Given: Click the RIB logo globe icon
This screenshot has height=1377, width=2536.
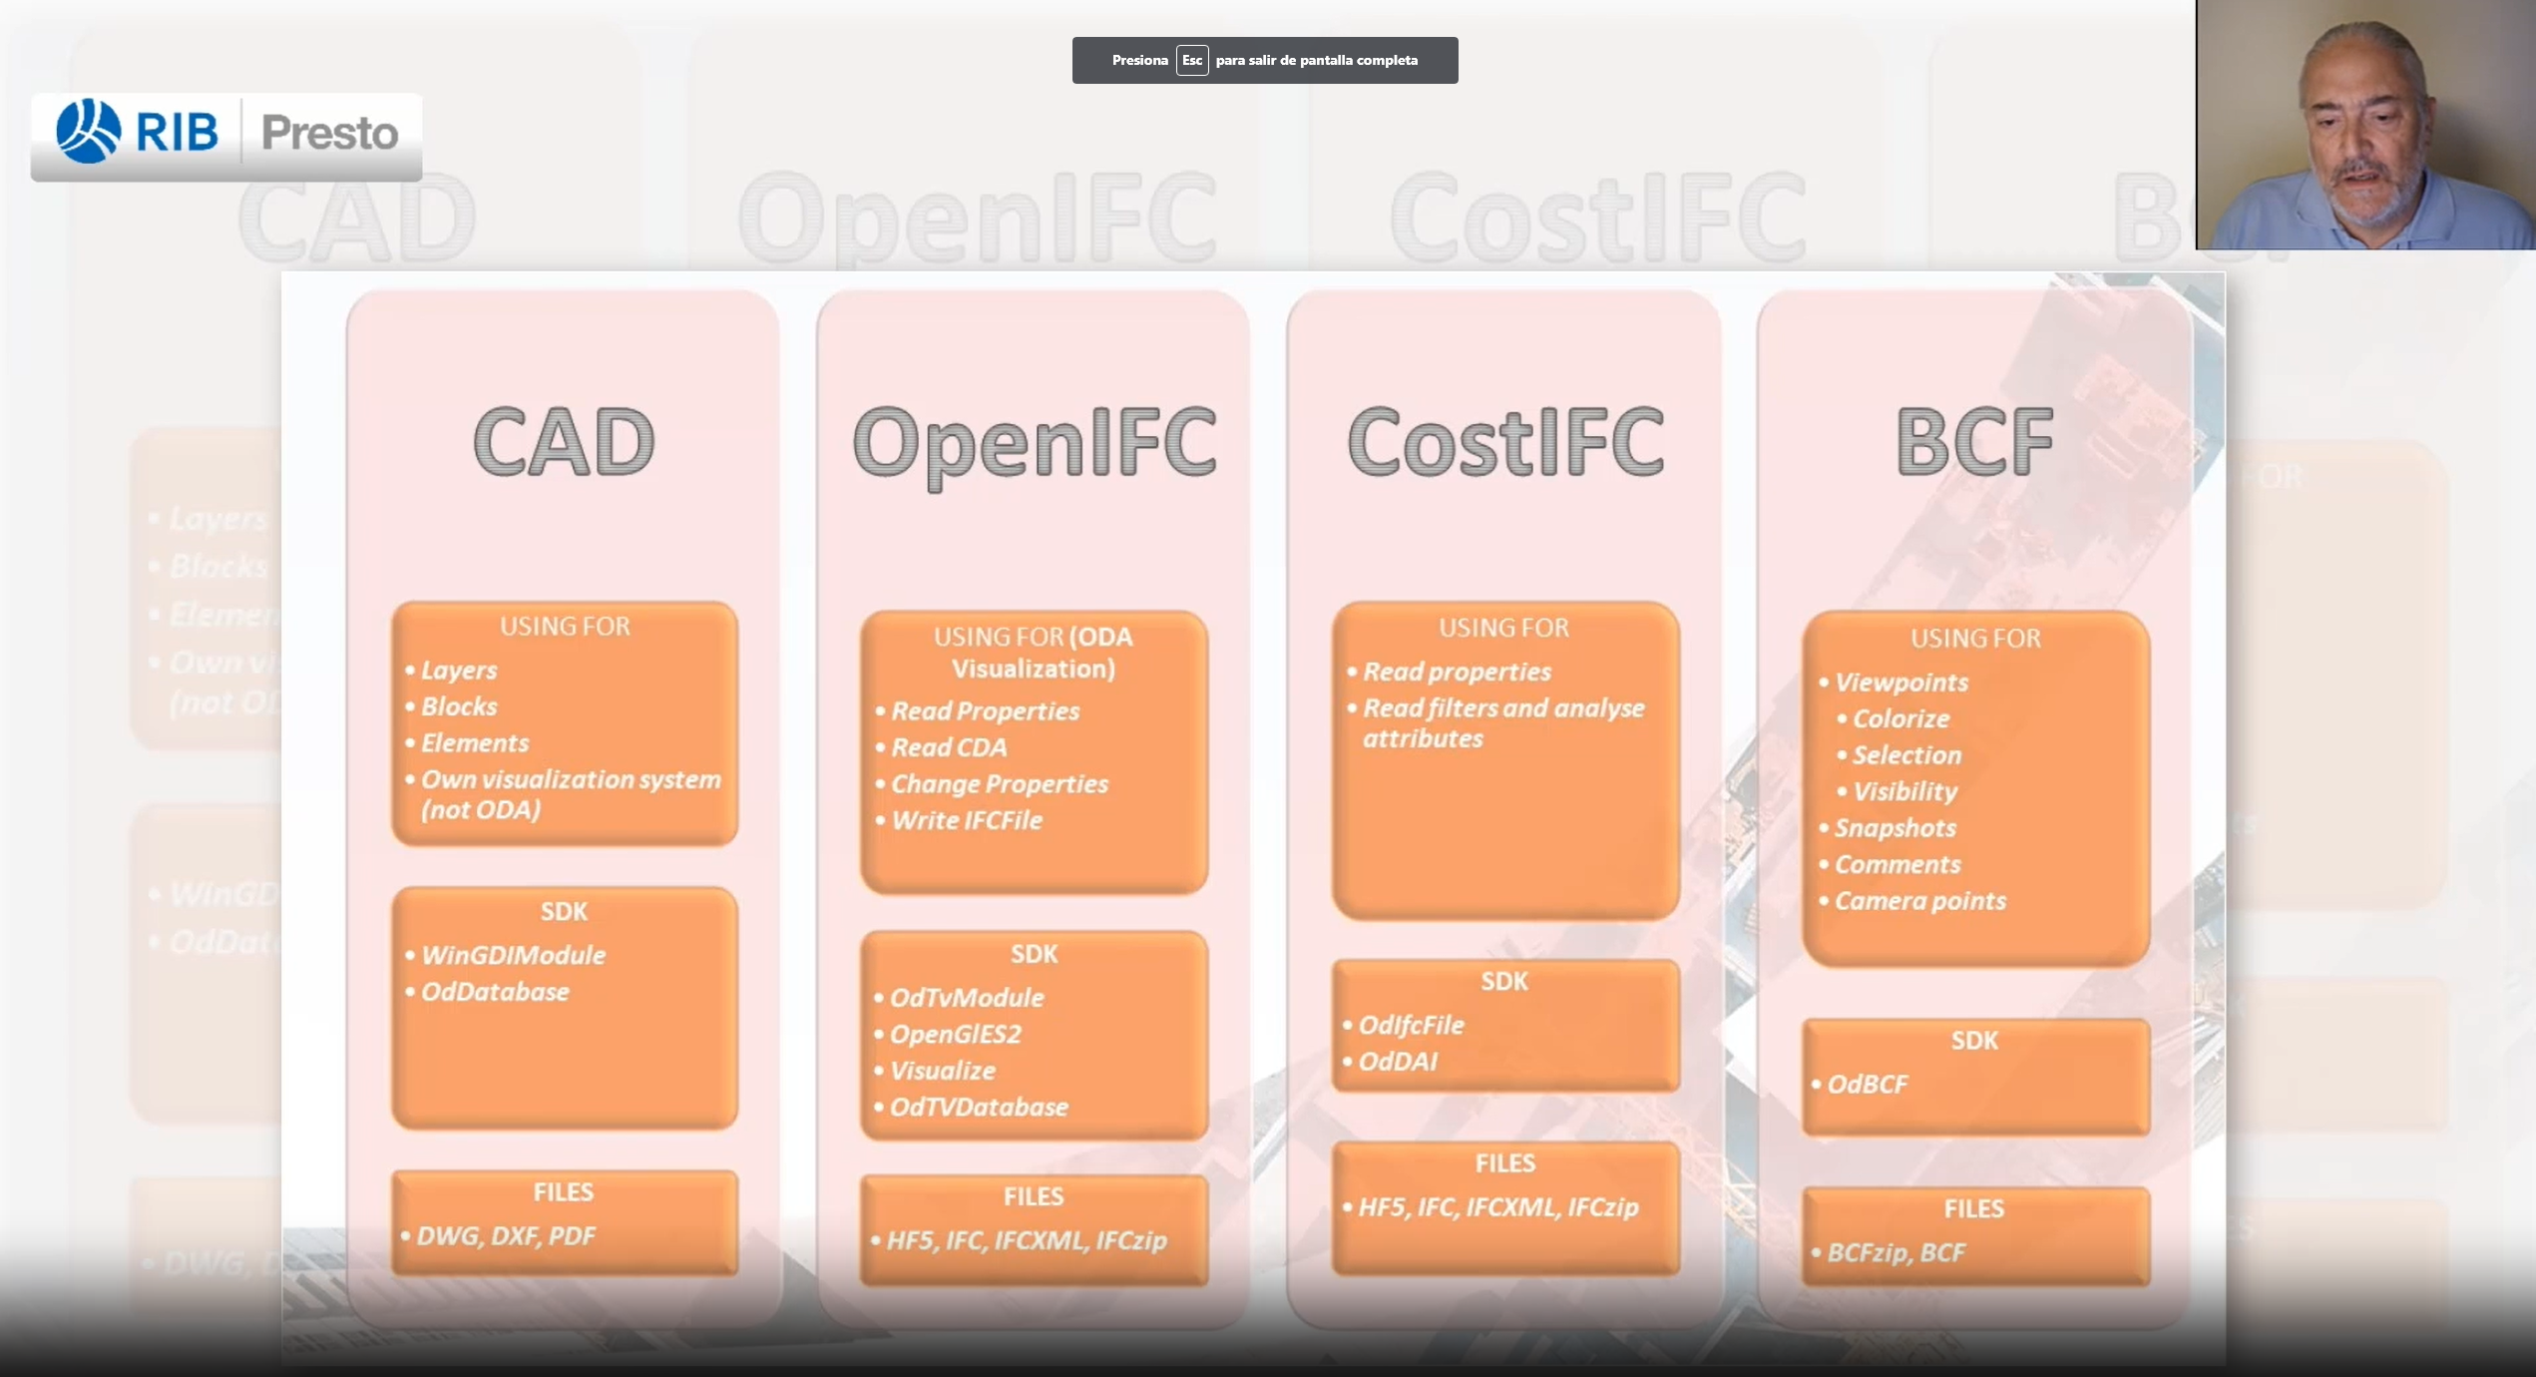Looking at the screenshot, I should pyautogui.click(x=88, y=131).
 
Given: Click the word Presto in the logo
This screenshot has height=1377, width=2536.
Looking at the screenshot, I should pyautogui.click(x=329, y=133).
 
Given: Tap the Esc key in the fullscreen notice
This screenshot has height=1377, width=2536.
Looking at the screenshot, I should pyautogui.click(x=1191, y=60).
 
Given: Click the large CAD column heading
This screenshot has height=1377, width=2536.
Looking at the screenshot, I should pyautogui.click(x=564, y=442).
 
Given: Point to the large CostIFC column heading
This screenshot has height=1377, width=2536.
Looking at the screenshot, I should pyautogui.click(x=1504, y=442).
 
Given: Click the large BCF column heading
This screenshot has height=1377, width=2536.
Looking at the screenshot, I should pyautogui.click(x=1973, y=442).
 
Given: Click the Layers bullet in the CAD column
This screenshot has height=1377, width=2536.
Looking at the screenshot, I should pyautogui.click(x=458, y=671).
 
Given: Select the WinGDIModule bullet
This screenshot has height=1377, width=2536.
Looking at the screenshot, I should pyautogui.click(x=513, y=955).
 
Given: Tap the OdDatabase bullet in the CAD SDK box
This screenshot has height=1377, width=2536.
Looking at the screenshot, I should pyautogui.click(x=495, y=992).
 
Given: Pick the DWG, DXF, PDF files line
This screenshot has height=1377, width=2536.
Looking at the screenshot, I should pyautogui.click(x=506, y=1236).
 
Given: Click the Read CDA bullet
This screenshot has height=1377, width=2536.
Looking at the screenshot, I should pyautogui.click(x=949, y=747).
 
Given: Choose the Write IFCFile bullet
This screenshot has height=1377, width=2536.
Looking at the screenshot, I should pyautogui.click(x=966, y=820).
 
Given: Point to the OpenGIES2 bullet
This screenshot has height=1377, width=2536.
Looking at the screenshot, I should pyautogui.click(x=955, y=1034).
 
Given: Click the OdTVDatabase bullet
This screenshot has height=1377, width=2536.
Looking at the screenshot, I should pyautogui.click(x=979, y=1107).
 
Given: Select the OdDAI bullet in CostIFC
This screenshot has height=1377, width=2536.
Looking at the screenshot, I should pyautogui.click(x=1398, y=1062).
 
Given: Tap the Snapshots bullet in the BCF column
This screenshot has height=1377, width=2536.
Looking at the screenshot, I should pyautogui.click(x=1895, y=828).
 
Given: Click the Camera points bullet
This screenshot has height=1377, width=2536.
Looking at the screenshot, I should pyautogui.click(x=1919, y=901).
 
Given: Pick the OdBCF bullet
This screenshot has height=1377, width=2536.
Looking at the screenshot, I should pyautogui.click(x=1867, y=1085).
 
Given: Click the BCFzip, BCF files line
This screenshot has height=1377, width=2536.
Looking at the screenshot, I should pyautogui.click(x=1896, y=1253).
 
